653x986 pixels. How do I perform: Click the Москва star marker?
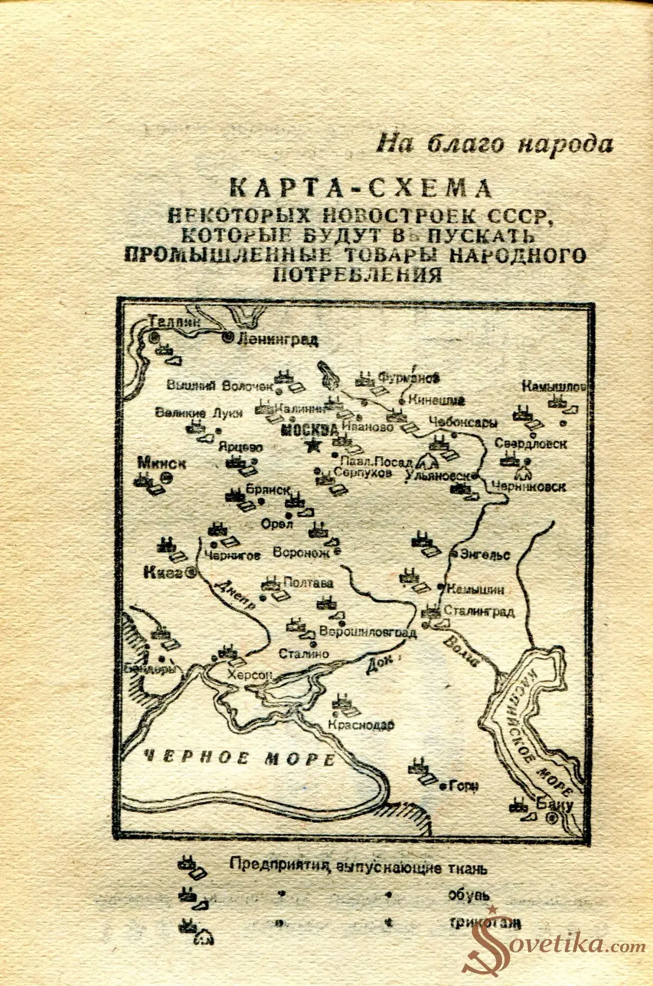coord(314,445)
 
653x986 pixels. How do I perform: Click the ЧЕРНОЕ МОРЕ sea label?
coord(237,759)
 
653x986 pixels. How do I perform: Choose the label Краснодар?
coord(360,725)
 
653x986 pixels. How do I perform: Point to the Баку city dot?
coord(552,819)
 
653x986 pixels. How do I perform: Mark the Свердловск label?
coord(530,443)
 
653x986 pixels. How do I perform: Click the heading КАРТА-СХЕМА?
coord(360,189)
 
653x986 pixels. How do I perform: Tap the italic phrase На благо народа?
coord(495,144)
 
